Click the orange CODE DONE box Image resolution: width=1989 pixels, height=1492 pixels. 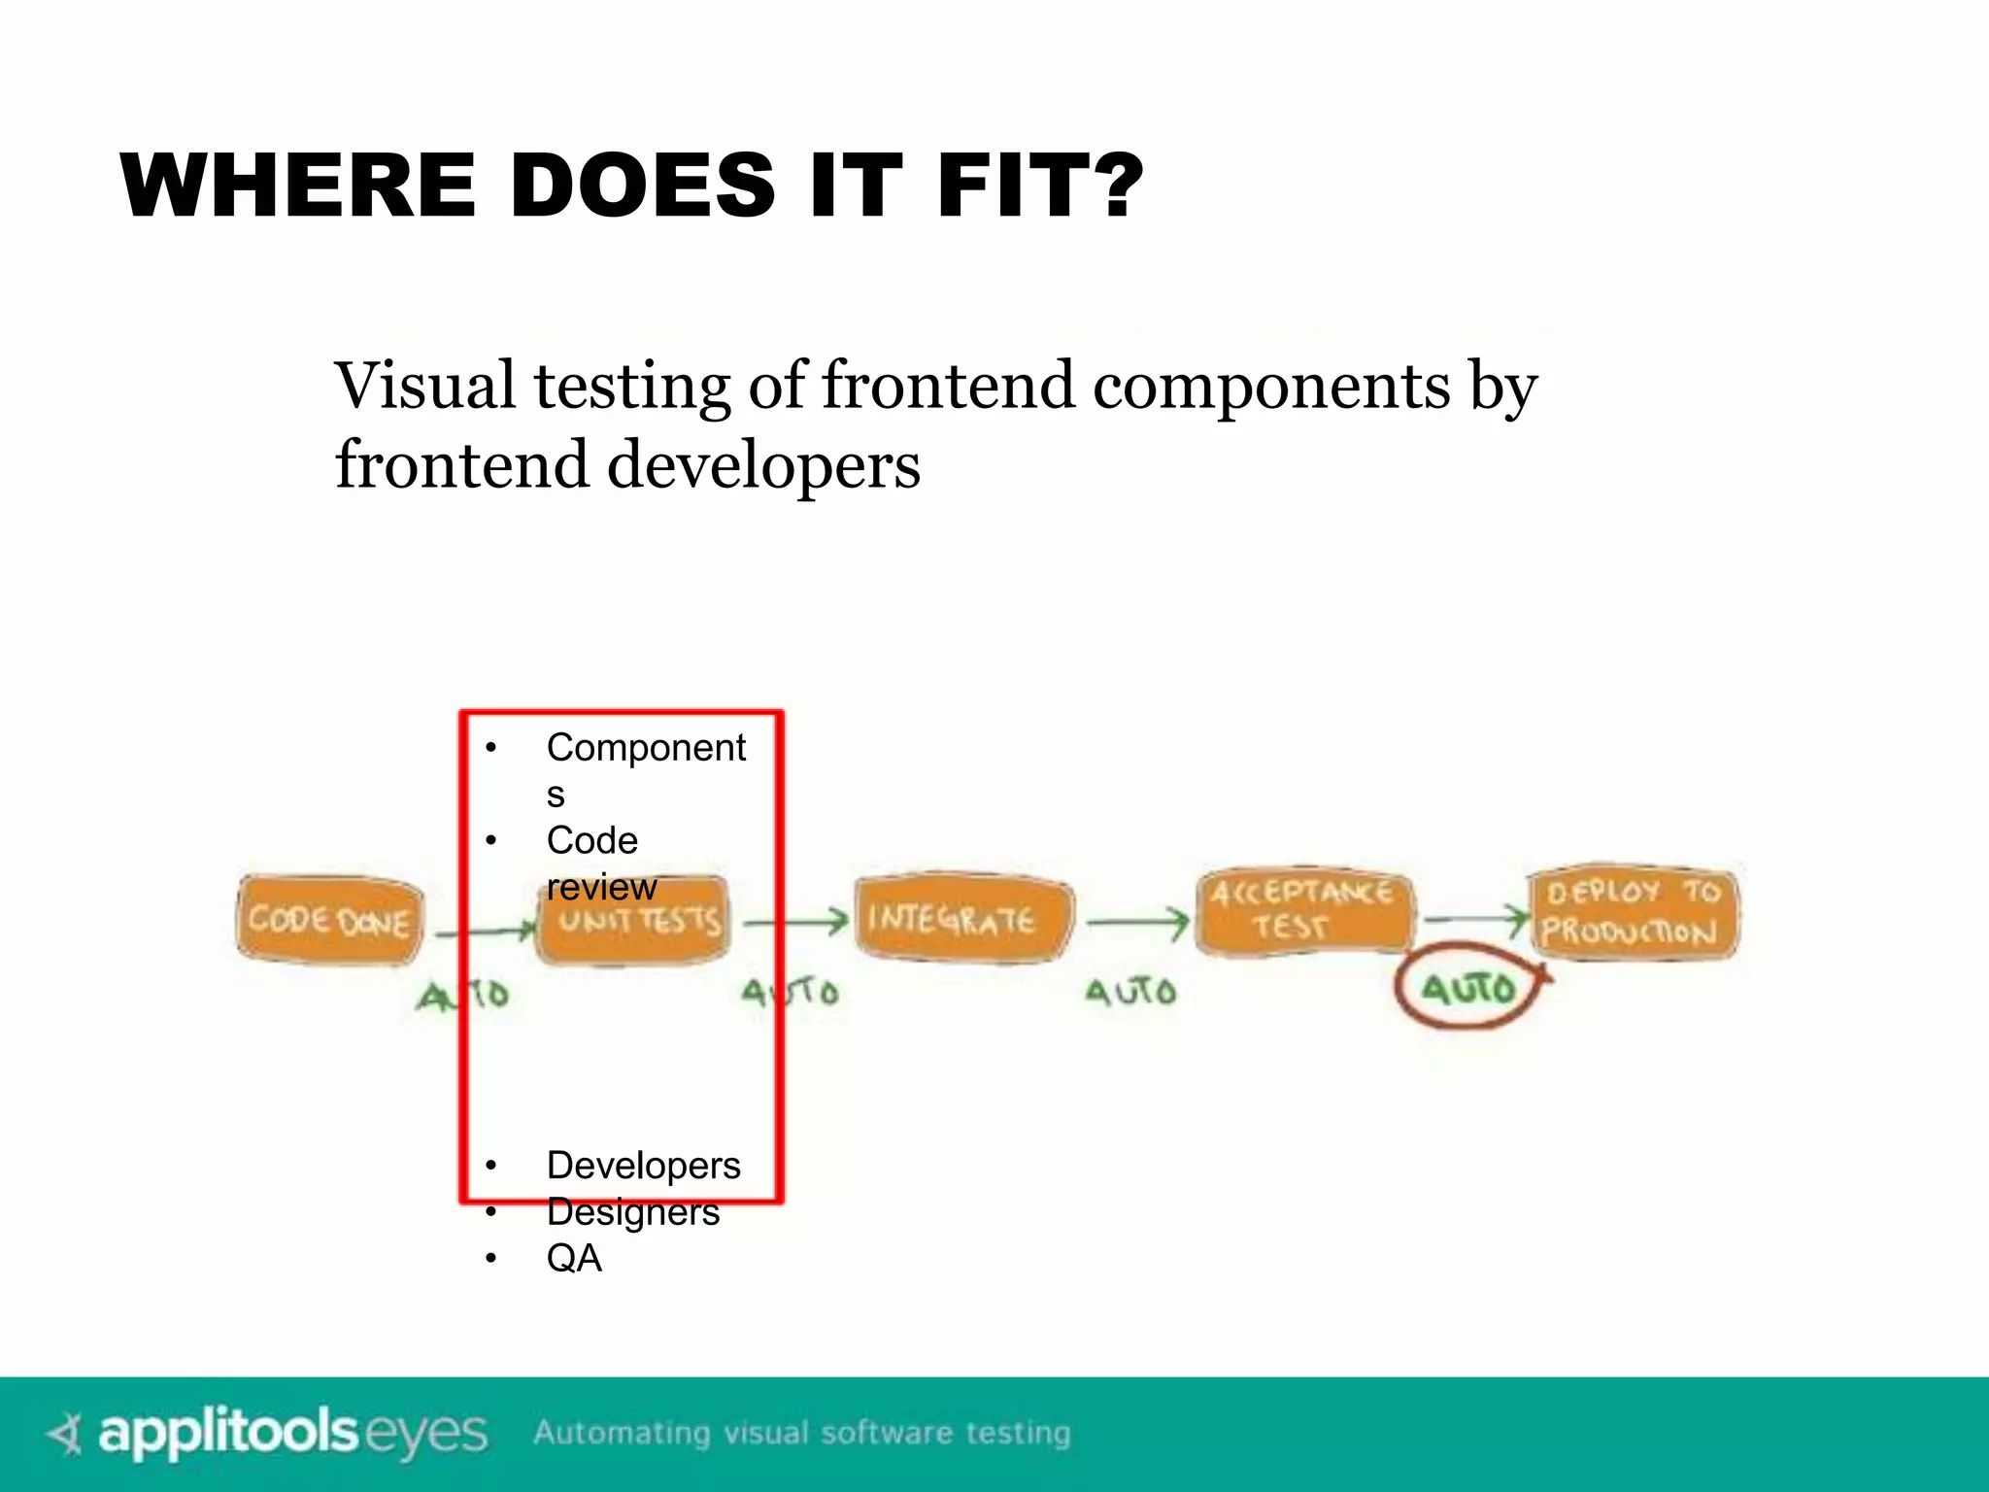point(329,919)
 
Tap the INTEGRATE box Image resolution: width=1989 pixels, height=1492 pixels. point(961,918)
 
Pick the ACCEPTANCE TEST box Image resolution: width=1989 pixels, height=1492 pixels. point(1301,910)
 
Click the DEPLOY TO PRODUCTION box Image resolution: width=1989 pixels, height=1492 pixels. point(1633,911)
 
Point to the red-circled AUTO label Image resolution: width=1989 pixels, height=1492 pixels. point(1467,988)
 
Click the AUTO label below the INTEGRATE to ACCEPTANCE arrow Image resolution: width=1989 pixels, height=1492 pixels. point(1130,992)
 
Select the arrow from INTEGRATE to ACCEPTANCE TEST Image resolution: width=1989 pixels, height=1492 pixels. point(1136,921)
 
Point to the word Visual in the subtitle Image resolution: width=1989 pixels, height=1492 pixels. point(424,386)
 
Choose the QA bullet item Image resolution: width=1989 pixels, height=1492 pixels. point(574,1258)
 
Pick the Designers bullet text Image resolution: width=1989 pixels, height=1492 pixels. point(632,1212)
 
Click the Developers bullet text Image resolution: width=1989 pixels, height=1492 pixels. point(643,1165)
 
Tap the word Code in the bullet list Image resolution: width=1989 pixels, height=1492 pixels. point(591,840)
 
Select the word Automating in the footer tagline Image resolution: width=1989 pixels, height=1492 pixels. point(622,1433)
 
